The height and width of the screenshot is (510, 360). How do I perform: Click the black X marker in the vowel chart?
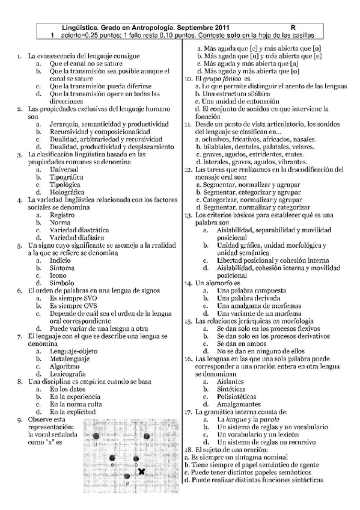pos(141,472)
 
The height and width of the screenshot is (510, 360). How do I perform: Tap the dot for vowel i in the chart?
pos(97,436)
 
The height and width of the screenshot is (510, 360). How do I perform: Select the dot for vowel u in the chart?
pos(146,437)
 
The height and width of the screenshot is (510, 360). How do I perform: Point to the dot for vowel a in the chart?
pos(127,476)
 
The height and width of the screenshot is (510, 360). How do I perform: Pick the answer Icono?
pos(59,275)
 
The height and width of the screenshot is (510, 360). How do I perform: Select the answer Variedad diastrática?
pos(79,230)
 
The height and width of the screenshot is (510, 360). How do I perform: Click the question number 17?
pos(188,412)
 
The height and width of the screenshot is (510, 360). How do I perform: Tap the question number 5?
pos(20,245)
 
